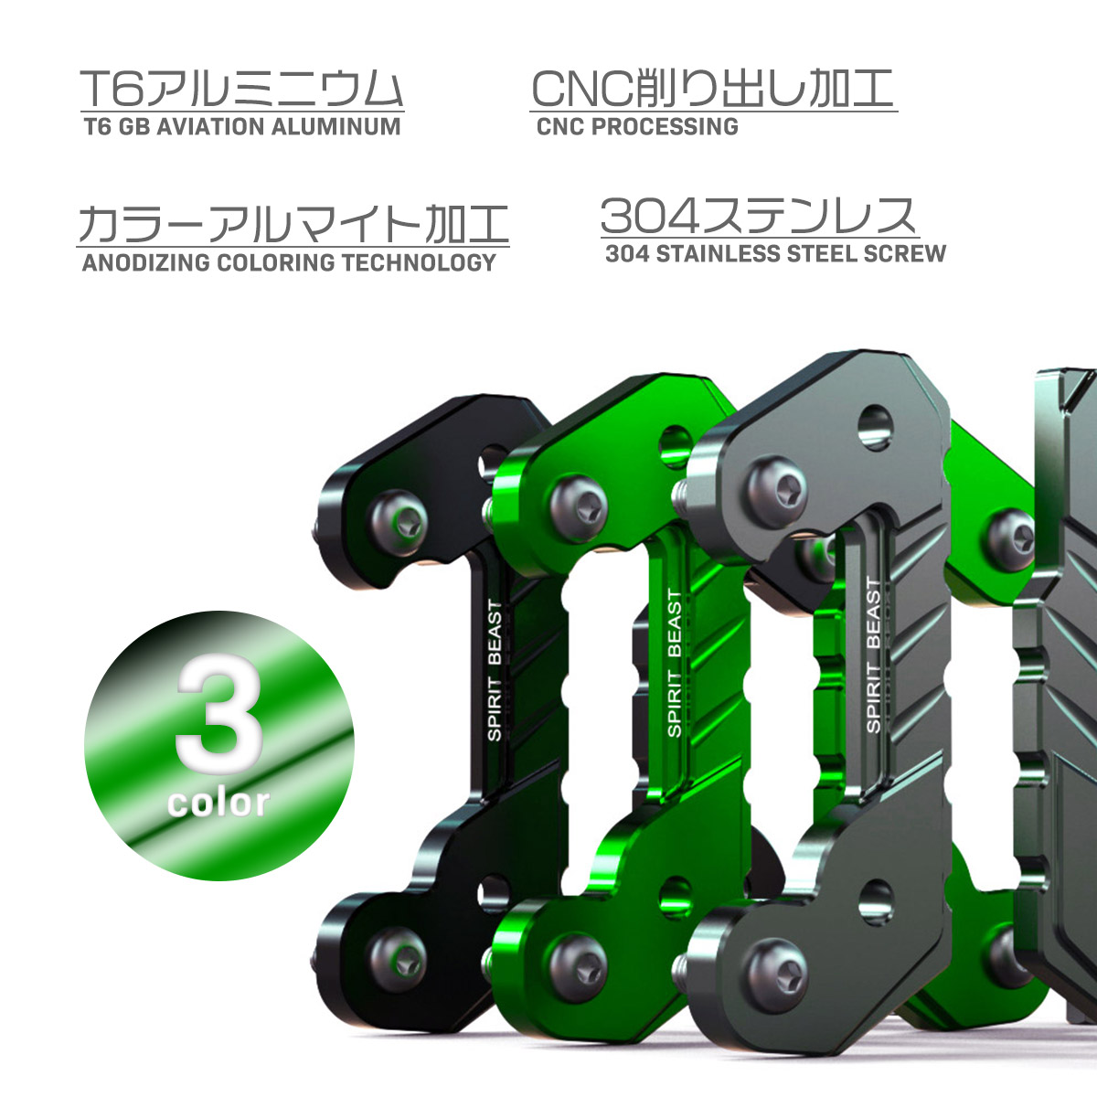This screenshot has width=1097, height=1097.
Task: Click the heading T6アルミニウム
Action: click(x=242, y=90)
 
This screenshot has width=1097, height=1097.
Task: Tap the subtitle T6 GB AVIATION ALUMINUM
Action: click(x=242, y=126)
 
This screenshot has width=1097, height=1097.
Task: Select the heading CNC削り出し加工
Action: click(x=711, y=90)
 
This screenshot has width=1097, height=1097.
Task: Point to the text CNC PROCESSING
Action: click(x=637, y=126)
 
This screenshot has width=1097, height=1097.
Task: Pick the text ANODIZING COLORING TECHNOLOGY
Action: click(x=289, y=262)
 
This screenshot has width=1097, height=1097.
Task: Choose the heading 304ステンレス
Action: click(x=759, y=217)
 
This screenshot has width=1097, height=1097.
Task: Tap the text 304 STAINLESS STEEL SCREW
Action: click(x=775, y=253)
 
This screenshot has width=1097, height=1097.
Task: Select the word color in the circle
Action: click(x=218, y=802)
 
